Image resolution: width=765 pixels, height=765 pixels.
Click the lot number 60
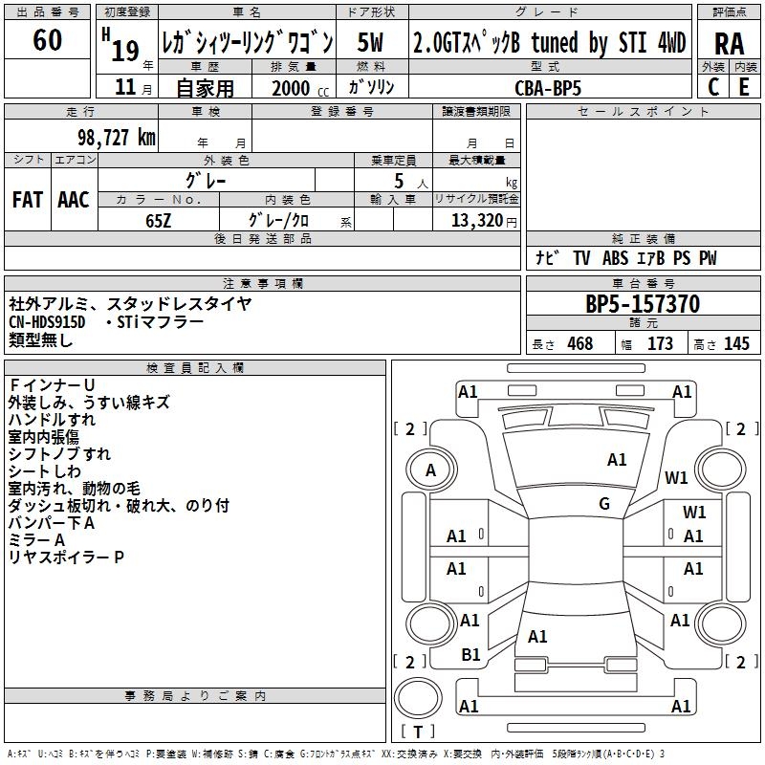[47, 40]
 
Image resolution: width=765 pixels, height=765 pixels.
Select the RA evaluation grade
[729, 43]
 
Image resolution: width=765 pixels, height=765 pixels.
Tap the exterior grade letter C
[713, 86]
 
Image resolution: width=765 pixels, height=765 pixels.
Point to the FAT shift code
[28, 199]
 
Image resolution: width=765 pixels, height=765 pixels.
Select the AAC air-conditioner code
[74, 199]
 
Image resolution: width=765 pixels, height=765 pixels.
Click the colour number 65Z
[159, 220]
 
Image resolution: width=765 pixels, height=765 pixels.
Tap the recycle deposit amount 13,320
[476, 220]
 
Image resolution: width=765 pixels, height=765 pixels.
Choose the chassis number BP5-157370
[643, 304]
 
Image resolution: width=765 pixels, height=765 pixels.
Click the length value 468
[579, 344]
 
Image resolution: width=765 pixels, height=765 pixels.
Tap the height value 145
[736, 344]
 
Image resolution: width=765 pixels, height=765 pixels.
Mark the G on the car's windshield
[604, 503]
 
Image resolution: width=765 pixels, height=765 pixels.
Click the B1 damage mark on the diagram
[470, 655]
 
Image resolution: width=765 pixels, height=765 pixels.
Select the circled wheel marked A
[430, 470]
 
